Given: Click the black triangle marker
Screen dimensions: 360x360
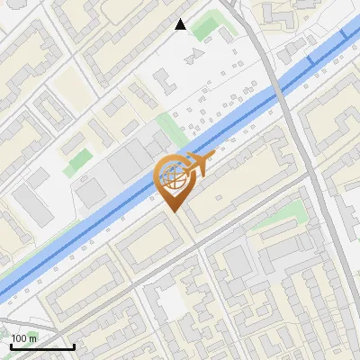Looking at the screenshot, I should (x=181, y=24).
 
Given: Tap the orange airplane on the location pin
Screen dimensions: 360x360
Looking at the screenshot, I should (x=198, y=166).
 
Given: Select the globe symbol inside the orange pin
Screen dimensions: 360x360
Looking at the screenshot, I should (x=171, y=177).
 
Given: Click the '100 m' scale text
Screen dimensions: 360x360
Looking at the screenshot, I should (x=24, y=338).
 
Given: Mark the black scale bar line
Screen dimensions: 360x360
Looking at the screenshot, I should (x=41, y=346).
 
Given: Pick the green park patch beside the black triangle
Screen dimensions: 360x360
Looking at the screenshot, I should (x=209, y=26).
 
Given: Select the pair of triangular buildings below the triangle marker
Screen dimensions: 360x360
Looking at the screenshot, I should (x=192, y=57).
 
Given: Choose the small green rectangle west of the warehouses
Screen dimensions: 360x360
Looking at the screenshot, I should (x=79, y=162).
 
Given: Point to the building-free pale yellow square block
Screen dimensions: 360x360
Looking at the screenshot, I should (x=68, y=86).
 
